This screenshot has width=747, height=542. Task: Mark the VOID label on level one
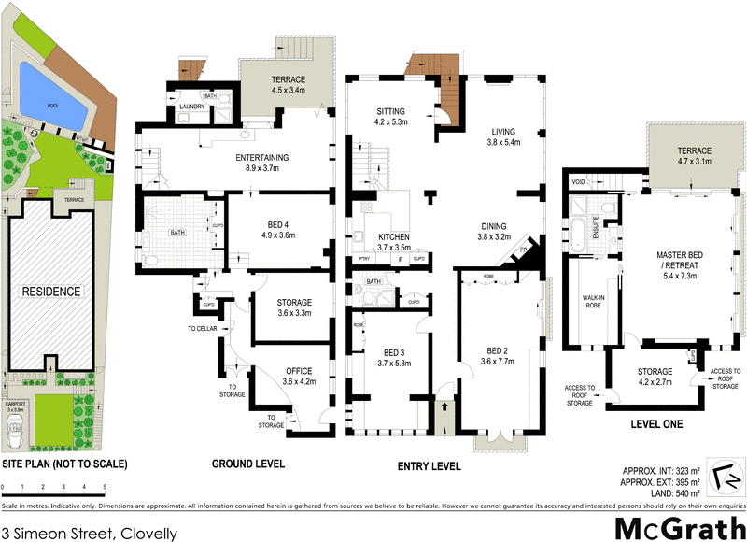(578, 182)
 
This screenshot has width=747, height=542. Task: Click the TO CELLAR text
(202, 329)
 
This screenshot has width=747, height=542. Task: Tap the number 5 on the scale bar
(105, 487)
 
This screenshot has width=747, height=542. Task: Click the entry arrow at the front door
(444, 408)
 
